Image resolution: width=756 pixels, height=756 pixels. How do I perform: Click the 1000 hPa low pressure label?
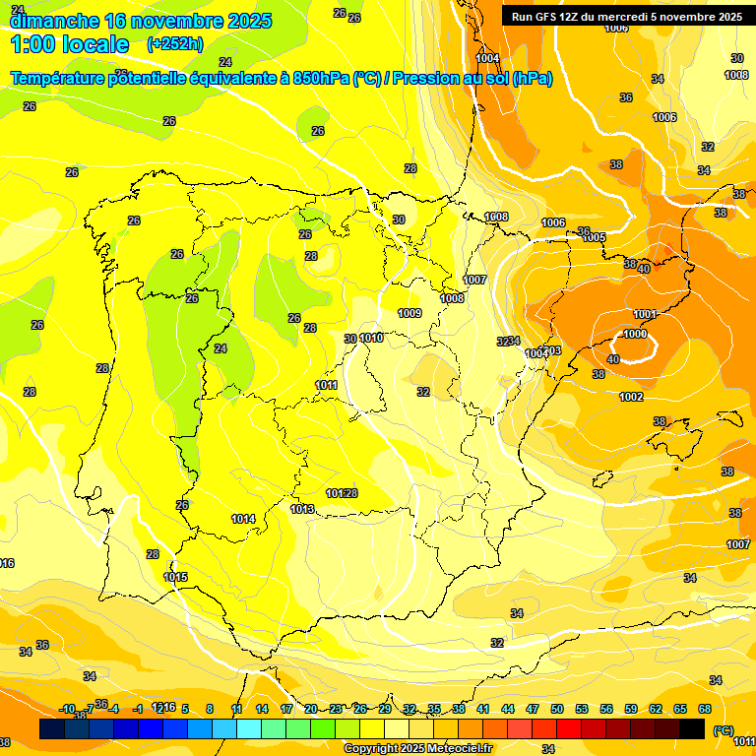(635, 334)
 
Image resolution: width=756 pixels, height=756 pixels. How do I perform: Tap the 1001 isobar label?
(645, 314)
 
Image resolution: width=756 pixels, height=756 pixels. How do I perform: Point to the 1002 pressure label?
(631, 397)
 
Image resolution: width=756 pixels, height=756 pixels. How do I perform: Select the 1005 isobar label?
(594, 237)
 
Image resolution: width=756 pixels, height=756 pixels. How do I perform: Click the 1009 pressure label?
(409, 313)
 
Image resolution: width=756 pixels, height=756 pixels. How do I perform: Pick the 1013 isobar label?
(302, 509)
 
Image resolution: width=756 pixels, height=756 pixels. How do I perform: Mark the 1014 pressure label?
(243, 519)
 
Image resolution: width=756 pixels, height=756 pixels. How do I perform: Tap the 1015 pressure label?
(175, 577)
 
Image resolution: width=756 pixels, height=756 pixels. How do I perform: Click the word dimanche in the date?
(55, 21)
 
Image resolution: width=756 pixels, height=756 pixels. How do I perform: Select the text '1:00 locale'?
(70, 44)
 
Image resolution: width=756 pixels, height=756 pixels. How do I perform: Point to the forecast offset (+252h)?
(174, 44)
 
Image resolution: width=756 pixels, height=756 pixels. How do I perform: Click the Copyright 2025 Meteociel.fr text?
(418, 749)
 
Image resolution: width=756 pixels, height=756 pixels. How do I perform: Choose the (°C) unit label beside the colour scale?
(722, 729)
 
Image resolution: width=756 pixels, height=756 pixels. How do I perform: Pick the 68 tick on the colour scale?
(705, 709)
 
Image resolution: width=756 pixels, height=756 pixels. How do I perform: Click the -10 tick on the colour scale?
(67, 709)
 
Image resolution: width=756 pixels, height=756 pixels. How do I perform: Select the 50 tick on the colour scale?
(557, 709)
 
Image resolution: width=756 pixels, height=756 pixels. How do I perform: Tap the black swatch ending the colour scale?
(692, 728)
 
